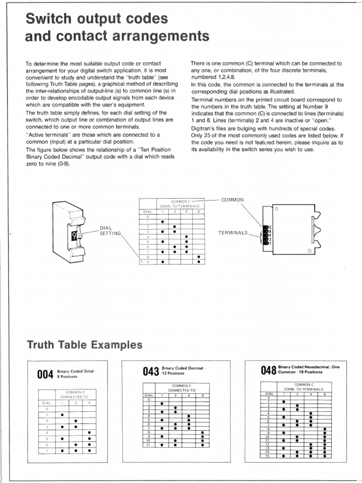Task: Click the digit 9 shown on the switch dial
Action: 74,234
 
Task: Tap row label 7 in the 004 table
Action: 47,450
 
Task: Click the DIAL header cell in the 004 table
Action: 47,403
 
